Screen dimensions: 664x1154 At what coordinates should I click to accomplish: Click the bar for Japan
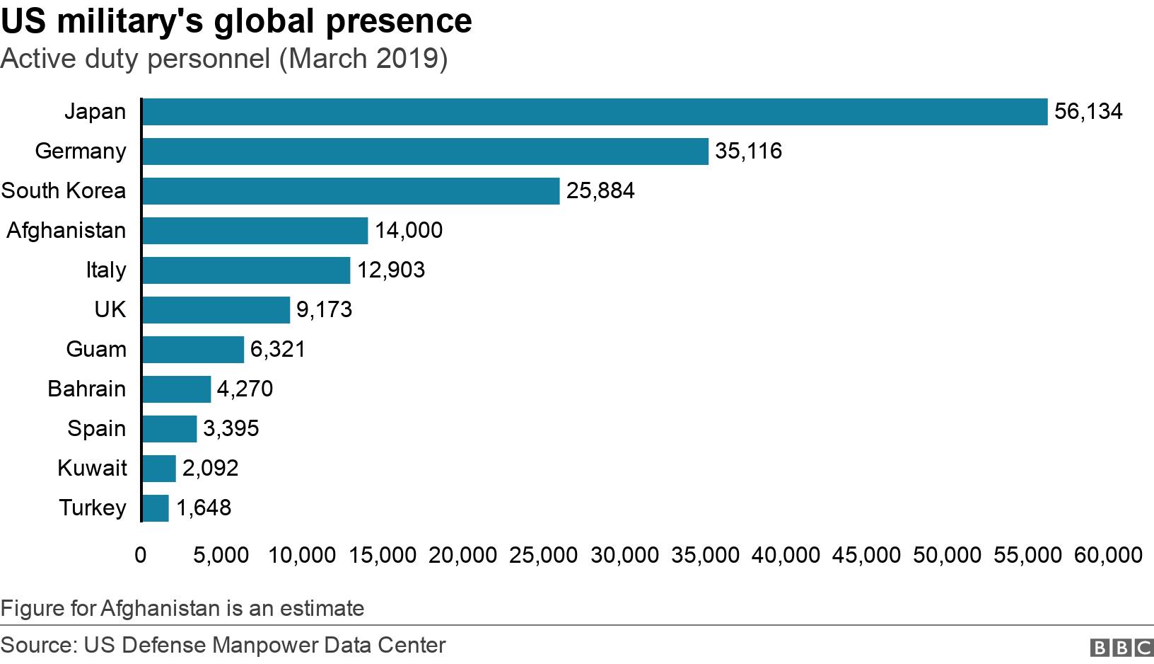coord(594,112)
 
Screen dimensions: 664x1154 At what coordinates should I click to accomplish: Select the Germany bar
coord(424,151)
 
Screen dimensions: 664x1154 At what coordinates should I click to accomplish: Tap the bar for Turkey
coord(156,508)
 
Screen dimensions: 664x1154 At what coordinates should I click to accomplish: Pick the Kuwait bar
coord(159,469)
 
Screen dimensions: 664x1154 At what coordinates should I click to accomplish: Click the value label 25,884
coord(600,191)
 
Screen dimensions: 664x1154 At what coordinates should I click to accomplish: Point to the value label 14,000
coord(409,231)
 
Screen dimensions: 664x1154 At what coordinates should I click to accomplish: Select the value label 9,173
coord(324,310)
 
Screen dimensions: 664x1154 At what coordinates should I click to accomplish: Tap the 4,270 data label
coord(245,389)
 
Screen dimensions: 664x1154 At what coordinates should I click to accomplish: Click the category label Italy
coord(106,270)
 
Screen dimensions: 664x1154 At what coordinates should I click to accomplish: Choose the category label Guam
coord(96,350)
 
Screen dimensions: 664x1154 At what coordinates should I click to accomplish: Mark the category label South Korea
coord(64,191)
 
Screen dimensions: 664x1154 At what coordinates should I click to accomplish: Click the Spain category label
coord(97,429)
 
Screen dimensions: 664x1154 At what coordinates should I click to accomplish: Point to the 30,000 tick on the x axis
coord(624,555)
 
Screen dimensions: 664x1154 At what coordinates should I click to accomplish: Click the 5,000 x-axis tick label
coord(221,555)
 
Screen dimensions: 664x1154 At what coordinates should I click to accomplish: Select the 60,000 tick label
coord(1108,555)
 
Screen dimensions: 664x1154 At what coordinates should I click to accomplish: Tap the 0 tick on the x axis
coord(141,555)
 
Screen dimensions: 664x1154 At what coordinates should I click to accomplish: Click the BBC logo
coord(1121,647)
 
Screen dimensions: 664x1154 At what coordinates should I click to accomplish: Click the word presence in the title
coord(399,21)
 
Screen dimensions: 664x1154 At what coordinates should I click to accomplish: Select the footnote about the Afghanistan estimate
coord(182,609)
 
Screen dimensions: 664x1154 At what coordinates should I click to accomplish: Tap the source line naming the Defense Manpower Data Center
coord(223,646)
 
